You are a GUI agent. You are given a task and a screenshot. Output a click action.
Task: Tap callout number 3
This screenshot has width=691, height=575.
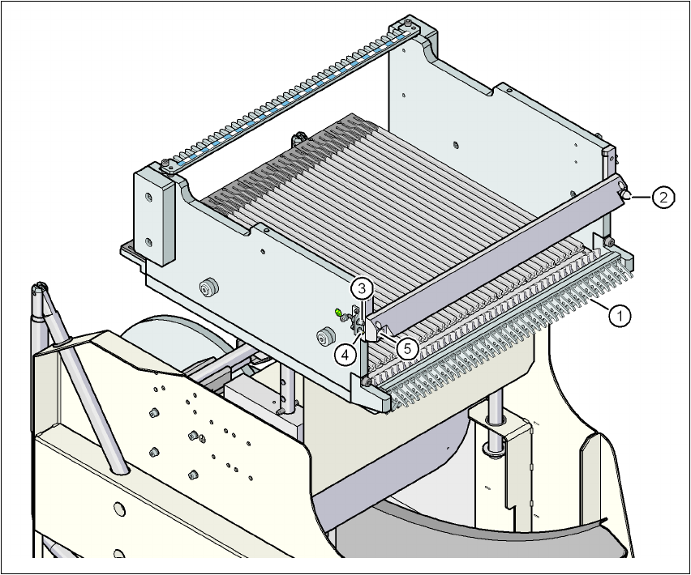point(363,287)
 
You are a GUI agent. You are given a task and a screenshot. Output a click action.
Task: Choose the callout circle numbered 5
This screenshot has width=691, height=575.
point(407,348)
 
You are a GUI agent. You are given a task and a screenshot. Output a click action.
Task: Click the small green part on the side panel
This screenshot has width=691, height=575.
point(337,311)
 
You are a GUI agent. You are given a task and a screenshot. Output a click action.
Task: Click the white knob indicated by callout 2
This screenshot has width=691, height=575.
point(627,194)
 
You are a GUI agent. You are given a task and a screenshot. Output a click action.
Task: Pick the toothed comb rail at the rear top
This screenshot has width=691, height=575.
point(292,93)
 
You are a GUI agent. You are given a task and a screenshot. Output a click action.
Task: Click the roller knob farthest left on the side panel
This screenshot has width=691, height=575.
point(209,287)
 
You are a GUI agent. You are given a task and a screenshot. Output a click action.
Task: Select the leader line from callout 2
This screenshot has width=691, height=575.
point(642,196)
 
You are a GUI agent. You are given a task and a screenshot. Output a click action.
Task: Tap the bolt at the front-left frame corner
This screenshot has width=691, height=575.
point(368,381)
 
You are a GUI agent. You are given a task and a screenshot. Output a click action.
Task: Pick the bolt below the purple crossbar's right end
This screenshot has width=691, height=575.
point(607,241)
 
